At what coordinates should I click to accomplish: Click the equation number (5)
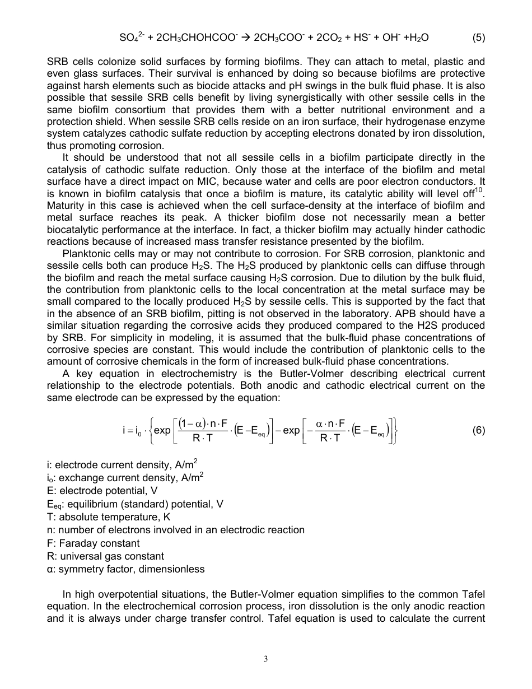point(478,38)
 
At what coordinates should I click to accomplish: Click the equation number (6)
point(478,430)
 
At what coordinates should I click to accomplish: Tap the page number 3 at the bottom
point(266,659)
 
